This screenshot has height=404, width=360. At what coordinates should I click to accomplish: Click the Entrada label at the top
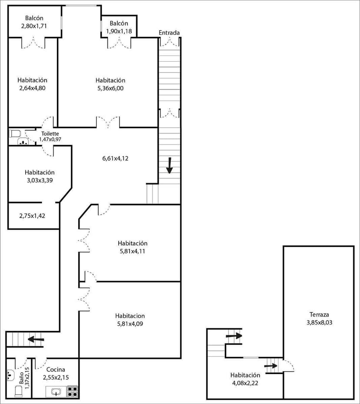pos(169,33)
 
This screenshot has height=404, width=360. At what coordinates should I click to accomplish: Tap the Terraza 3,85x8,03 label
pos(319,318)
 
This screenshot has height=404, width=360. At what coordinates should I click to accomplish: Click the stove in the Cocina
pos(72,391)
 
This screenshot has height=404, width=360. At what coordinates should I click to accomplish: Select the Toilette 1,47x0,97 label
pos(50,136)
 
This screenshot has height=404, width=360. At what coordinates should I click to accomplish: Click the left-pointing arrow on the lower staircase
pos(36,339)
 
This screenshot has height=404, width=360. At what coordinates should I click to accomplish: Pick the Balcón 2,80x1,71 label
pos(34,22)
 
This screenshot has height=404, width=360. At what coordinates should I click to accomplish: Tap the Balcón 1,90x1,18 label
pos(119,27)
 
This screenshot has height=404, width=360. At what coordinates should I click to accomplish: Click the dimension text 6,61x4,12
pos(115,159)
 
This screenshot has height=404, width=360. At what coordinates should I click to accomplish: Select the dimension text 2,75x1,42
pos(33,215)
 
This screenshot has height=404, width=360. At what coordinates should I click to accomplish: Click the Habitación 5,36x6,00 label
pos(110,84)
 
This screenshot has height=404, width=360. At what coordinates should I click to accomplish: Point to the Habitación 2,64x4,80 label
pos(33,84)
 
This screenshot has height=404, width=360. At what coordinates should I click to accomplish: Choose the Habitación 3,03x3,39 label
pos(40,176)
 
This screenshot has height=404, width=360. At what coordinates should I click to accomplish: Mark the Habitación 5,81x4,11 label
pos(133,247)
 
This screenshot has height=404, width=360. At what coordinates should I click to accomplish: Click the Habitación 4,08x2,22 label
pos(245,379)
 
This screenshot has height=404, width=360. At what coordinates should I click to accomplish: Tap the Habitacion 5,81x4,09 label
pos(130,319)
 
